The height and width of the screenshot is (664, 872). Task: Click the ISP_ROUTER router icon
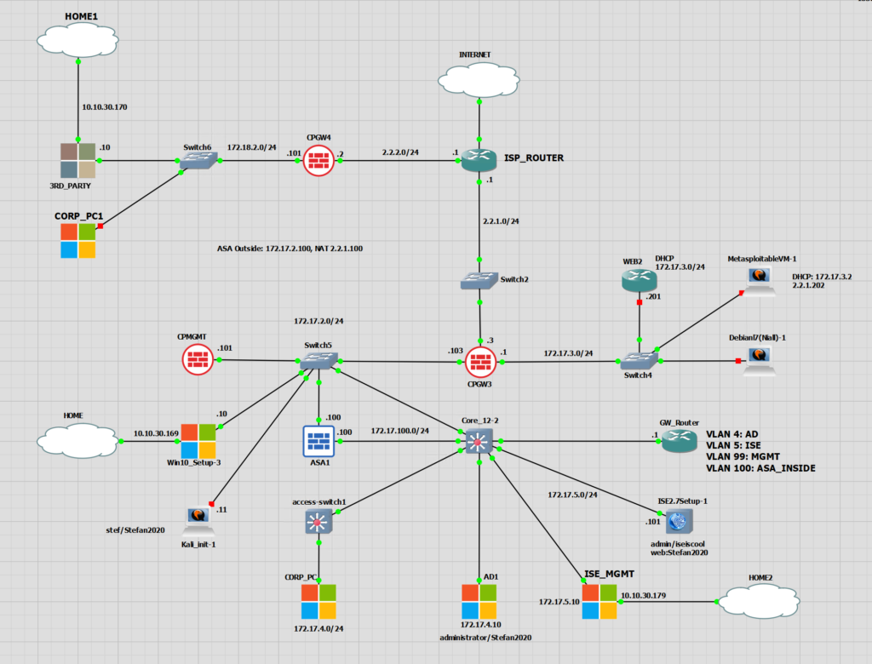[x=479, y=159]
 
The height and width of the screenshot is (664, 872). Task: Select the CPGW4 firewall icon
[x=319, y=159]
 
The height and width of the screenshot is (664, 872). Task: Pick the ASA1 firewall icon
[x=319, y=441]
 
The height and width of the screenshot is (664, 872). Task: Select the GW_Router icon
[x=679, y=441]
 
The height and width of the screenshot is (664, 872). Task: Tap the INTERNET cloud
[x=479, y=79]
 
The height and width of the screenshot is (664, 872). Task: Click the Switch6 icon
[x=201, y=161]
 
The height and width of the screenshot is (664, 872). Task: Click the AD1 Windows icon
[x=479, y=601]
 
